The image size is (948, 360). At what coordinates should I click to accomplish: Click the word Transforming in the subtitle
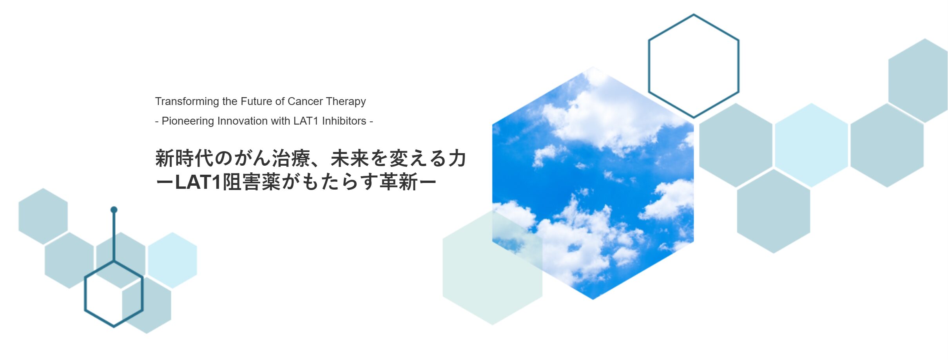(187, 102)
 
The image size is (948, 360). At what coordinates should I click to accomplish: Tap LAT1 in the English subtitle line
(306, 121)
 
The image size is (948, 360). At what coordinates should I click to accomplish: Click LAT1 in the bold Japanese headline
(198, 182)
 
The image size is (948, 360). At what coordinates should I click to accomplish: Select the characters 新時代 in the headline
(184, 158)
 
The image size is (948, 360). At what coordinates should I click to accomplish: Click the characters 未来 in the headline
(350, 158)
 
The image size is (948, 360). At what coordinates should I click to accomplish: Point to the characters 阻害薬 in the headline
(252, 182)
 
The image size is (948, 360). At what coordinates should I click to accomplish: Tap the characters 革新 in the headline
(399, 182)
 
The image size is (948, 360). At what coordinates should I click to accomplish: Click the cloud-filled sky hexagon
(593, 183)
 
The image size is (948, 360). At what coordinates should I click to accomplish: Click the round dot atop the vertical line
(114, 210)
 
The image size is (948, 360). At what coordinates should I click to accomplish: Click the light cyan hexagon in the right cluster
(811, 145)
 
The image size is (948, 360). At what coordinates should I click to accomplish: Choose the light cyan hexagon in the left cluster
(172, 260)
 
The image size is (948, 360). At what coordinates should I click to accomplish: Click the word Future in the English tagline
(256, 101)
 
